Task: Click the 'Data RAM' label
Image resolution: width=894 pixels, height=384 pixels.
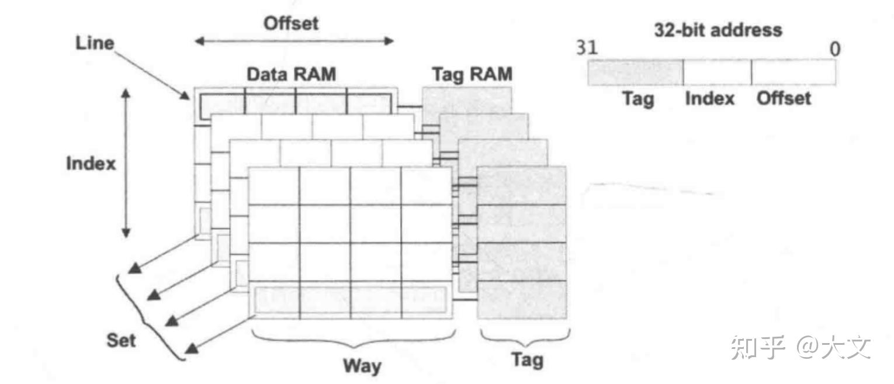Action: pos(292,74)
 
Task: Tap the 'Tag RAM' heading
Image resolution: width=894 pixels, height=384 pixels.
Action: pos(472,74)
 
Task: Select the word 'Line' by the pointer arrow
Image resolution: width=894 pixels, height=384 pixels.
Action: pos(95,43)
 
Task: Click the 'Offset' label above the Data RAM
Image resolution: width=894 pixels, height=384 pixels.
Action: pos(291,23)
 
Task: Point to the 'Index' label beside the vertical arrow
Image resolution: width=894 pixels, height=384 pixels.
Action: pos(91,163)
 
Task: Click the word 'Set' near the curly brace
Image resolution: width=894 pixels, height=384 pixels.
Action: pos(121,340)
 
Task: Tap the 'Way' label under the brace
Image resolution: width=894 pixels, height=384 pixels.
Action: pos(362,366)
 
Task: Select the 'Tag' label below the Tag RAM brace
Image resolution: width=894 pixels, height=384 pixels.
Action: pos(527,359)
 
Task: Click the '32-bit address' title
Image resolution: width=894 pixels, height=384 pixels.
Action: pos(718,30)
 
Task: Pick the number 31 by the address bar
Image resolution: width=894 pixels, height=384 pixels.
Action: pos(587,48)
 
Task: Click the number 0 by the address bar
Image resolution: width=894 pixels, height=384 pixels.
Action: pos(835,49)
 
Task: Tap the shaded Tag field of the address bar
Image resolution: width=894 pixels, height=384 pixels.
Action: pos(635,72)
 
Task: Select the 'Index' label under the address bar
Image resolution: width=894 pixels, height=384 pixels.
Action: pos(709,98)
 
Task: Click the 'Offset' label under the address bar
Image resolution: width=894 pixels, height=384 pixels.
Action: pos(784,98)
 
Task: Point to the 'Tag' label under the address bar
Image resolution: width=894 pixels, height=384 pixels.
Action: pos(638,99)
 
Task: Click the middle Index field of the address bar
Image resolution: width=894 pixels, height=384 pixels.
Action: pos(717,72)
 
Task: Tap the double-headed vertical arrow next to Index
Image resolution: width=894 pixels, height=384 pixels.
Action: pos(126,163)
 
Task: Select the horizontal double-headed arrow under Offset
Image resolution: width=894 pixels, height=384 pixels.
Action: pos(294,41)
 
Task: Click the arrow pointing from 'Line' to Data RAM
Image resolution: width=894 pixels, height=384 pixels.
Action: pos(152,75)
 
